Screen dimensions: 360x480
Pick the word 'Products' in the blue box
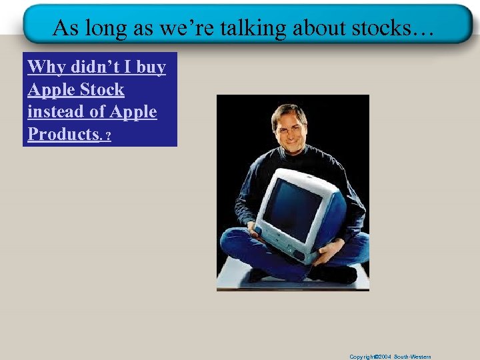[x=63, y=133]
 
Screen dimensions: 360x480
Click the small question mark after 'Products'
[x=108, y=136]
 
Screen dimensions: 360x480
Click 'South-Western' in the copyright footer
[x=413, y=357]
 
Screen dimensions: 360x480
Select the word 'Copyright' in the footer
[x=363, y=357]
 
